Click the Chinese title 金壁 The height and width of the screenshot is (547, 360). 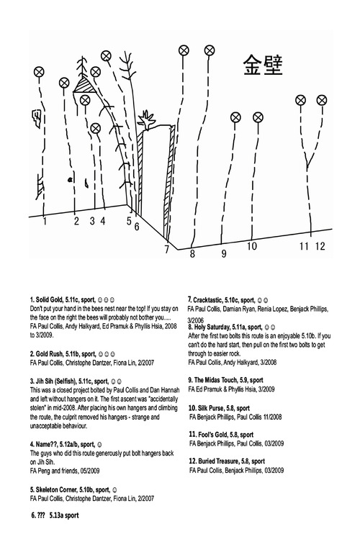click(x=263, y=65)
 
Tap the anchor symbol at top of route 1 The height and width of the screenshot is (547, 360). click(x=39, y=72)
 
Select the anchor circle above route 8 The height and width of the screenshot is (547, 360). click(x=184, y=50)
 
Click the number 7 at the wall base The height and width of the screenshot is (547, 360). click(x=167, y=250)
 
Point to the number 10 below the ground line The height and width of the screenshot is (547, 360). click(x=252, y=246)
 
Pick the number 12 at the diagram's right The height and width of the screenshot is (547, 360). click(x=320, y=246)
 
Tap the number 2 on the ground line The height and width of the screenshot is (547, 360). click(x=76, y=220)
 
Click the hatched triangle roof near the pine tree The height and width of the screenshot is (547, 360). click(x=84, y=85)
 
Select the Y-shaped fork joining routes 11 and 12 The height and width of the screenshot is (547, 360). click(x=307, y=159)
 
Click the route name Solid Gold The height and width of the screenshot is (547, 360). click(x=49, y=299)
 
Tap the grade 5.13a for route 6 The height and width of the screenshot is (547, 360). click(x=56, y=515)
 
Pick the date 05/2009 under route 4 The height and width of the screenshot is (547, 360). click(x=90, y=471)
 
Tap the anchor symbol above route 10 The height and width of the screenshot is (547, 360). click(x=258, y=117)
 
